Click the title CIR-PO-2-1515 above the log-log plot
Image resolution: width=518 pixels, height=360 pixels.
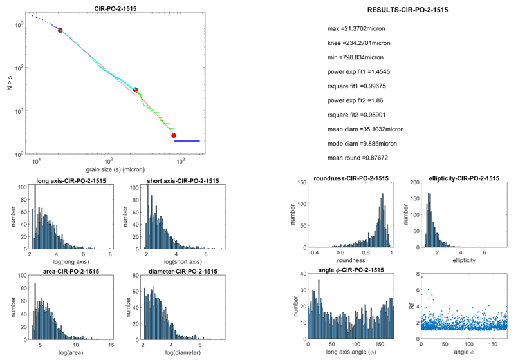[110, 8]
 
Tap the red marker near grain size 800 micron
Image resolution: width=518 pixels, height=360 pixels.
[174, 135]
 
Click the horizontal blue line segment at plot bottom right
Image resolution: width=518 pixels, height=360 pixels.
[187, 140]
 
